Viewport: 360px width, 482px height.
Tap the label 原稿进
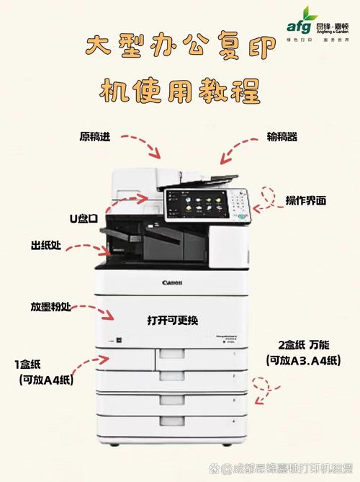tap(95, 137)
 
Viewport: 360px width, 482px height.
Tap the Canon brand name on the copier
tap(172, 282)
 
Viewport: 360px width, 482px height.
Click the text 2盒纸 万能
tap(302, 344)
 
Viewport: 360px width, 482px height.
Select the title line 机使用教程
tap(179, 91)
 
